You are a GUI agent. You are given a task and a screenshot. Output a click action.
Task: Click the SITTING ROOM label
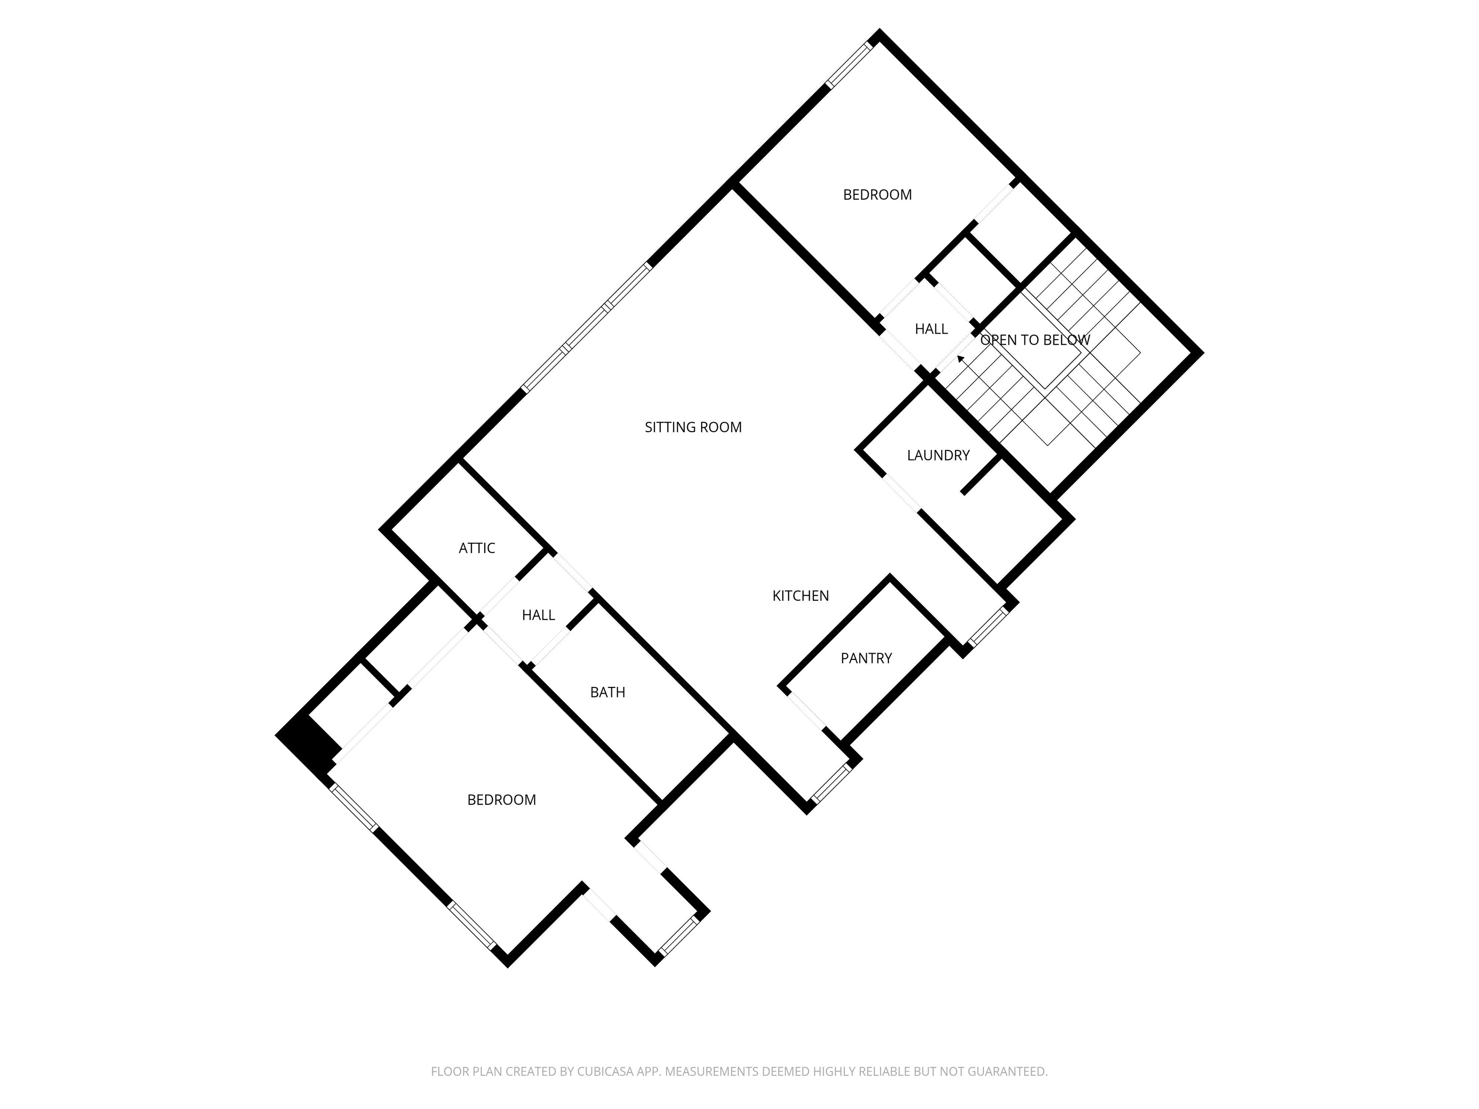point(693,427)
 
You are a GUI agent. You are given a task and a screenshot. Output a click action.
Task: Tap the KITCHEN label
point(800,595)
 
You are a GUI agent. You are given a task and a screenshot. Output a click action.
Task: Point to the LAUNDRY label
point(938,455)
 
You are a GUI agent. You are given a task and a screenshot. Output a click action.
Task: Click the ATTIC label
point(477,548)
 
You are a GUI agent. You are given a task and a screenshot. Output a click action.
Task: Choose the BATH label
point(607,693)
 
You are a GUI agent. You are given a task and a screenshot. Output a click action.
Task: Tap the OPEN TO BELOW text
point(1035,340)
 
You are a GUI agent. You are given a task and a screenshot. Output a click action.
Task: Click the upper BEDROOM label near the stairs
point(877,194)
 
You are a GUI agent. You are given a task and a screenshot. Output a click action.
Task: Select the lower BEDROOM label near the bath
point(502,800)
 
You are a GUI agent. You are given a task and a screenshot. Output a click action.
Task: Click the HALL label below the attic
point(538,615)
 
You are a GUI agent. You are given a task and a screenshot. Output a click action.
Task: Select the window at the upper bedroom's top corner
point(850,65)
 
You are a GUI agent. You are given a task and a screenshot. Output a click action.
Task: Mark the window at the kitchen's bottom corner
point(830,783)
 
